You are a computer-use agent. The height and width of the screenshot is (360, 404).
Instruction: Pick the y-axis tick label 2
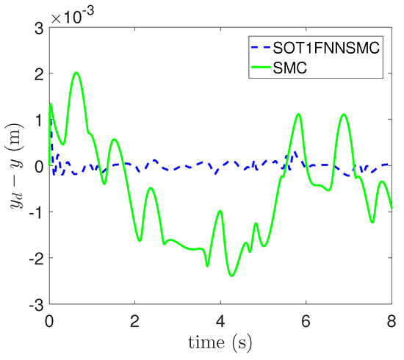coord(37,74)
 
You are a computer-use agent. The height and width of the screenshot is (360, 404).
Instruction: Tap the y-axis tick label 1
coord(37,120)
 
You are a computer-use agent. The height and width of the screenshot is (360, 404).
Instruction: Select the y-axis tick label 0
coord(37,166)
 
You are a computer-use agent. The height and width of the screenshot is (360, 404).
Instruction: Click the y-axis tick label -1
coord(34,212)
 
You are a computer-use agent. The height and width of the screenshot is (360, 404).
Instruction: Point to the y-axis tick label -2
coord(34,258)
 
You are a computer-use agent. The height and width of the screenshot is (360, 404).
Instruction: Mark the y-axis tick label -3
coord(34,303)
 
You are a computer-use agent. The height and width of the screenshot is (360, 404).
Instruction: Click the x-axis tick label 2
coord(134,320)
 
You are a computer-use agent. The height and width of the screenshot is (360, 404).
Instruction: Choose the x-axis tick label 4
coord(220,320)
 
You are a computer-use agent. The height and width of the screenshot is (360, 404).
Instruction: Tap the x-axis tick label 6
coord(306,320)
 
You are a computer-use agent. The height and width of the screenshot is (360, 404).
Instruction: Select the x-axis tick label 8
coord(391,320)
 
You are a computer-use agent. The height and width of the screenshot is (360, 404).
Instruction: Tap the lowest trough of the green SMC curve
coord(232,276)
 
